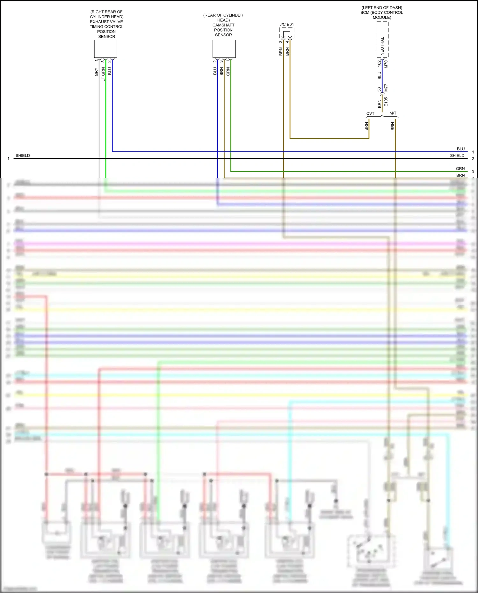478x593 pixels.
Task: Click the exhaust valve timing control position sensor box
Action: (x=105, y=49)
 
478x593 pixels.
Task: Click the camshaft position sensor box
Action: (x=224, y=49)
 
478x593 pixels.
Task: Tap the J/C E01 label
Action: (x=286, y=25)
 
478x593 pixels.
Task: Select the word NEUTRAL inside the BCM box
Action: (x=382, y=46)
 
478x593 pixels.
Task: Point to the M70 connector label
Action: (x=386, y=64)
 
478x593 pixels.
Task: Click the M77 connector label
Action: (x=386, y=88)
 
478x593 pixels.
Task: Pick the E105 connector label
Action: (x=386, y=102)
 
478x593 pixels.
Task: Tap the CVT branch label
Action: (x=370, y=113)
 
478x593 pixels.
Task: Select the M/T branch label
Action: (x=393, y=113)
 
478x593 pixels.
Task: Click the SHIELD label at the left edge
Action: (x=23, y=155)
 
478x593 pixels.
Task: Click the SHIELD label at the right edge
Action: (x=457, y=155)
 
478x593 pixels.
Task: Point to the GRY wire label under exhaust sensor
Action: (x=96, y=72)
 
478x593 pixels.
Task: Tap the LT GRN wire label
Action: (x=103, y=74)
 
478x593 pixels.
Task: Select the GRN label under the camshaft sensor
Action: (x=228, y=71)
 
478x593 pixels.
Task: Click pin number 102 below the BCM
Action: (x=379, y=63)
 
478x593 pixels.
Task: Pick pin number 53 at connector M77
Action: (x=379, y=90)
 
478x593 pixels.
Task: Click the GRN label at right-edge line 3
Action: (x=460, y=169)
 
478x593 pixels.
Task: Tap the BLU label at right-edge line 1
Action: (x=461, y=149)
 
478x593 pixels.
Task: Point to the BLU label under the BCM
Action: (x=380, y=76)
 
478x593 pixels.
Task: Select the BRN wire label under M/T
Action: (x=393, y=126)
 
